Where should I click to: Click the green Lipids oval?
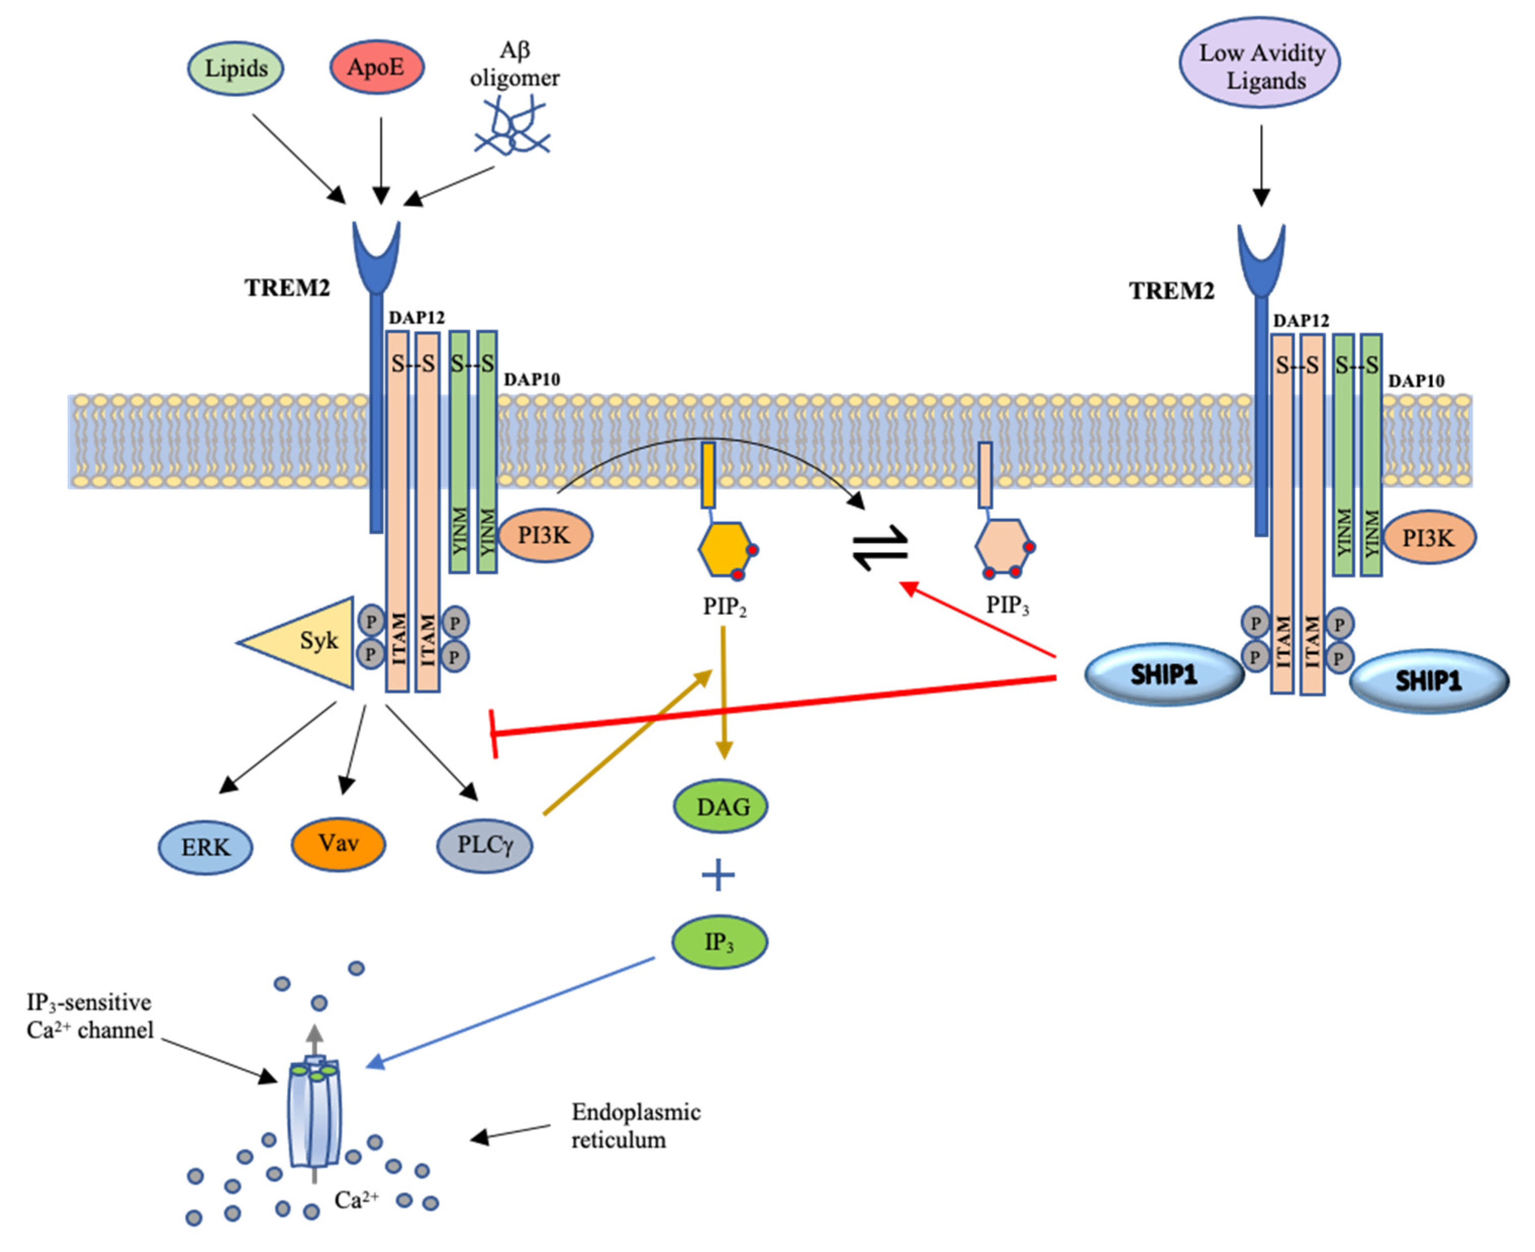coord(235,69)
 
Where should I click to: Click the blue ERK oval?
coord(206,847)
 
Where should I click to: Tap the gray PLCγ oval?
coord(485,845)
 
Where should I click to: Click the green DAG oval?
coord(720,807)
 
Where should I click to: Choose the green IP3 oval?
coord(719,942)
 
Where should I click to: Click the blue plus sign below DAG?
coord(718,876)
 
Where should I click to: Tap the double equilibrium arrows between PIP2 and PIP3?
coord(880,547)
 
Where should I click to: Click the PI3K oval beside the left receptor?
coord(545,535)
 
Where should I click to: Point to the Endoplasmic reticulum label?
coord(635,1125)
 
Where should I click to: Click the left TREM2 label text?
coord(287,288)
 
